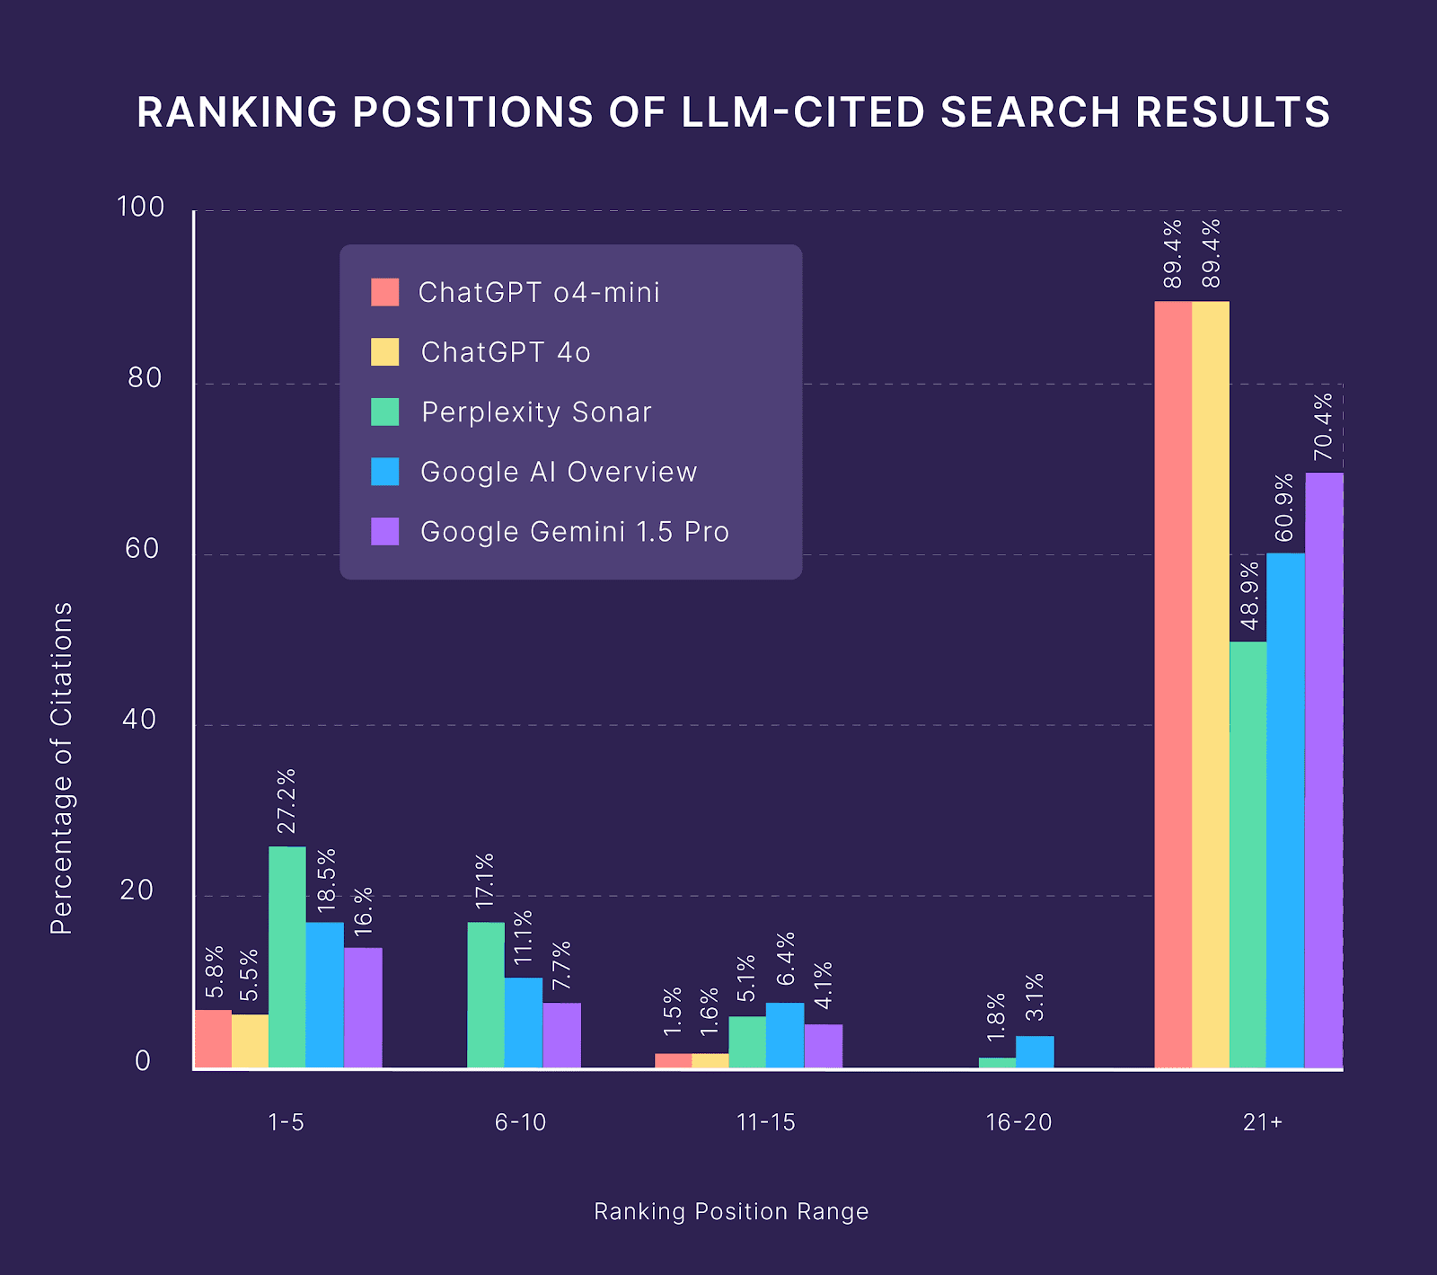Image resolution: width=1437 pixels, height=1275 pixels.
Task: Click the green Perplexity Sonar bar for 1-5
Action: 287,957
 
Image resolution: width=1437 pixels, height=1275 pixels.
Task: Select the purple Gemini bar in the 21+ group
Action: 1324,770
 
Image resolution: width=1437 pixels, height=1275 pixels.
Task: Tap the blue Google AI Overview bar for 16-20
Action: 1035,1052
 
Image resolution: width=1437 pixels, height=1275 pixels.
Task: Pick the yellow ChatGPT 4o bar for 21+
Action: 1211,685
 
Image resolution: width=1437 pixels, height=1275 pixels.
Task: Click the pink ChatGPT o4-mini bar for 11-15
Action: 673,1060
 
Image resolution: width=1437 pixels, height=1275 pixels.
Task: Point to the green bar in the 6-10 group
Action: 486,995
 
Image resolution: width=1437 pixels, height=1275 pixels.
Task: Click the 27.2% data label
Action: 287,801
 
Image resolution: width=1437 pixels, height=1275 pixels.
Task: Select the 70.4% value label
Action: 1324,427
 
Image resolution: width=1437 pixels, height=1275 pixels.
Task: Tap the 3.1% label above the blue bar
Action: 1035,996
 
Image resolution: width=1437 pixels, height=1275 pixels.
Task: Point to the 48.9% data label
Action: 1249,596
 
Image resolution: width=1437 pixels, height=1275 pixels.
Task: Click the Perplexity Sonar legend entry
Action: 536,412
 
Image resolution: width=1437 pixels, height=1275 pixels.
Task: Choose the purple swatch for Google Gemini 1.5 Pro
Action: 385,531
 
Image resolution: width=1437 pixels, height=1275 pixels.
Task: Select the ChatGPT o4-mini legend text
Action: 539,293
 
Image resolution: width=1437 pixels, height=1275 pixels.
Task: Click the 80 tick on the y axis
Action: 144,378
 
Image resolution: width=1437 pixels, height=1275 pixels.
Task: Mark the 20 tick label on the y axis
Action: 137,890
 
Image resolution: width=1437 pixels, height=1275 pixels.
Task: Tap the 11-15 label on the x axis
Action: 765,1122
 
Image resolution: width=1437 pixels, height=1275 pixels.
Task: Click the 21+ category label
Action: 1263,1122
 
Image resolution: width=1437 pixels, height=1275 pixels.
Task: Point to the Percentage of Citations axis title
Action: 61,768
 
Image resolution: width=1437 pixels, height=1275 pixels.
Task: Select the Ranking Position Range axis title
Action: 731,1212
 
